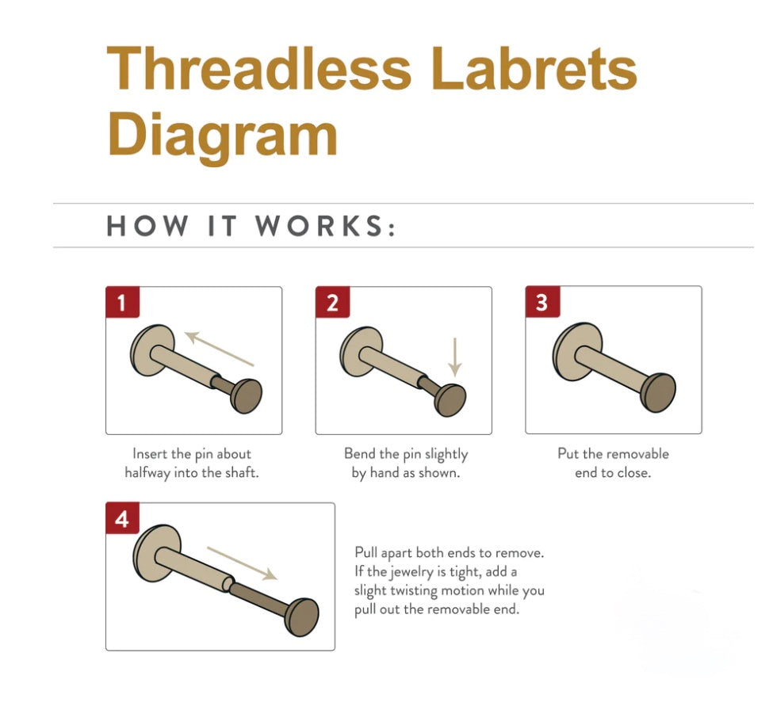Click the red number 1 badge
pos(122,302)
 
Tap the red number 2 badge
pos(332,302)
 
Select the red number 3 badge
pos(542,302)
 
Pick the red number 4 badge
pos(122,518)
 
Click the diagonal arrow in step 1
pos(220,349)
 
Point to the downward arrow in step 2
pos(455,357)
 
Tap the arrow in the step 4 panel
pos(242,563)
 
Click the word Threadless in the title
pos(258,68)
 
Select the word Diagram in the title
pos(222,135)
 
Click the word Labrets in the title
pos(534,68)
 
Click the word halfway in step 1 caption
pos(147,472)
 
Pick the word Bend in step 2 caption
pos(360,453)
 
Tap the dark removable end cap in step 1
pos(246,396)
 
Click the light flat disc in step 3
pos(577,351)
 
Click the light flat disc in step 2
pos(362,352)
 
